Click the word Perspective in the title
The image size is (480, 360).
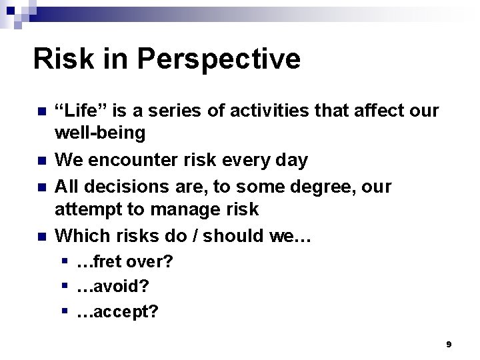(x=219, y=59)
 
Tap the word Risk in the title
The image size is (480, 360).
(x=64, y=59)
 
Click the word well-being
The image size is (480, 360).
(x=99, y=133)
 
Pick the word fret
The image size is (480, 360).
(x=113, y=262)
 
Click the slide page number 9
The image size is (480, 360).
(x=449, y=344)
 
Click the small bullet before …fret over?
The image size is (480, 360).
(x=65, y=261)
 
